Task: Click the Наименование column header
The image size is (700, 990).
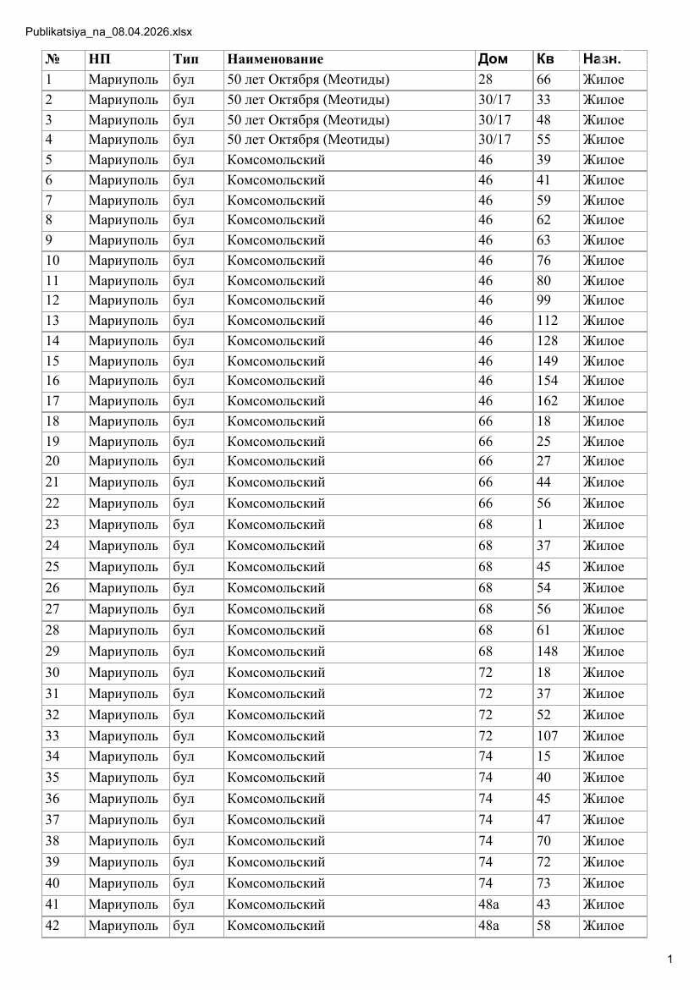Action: click(x=275, y=59)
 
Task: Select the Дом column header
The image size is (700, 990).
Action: click(x=493, y=59)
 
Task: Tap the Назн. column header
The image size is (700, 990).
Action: click(x=601, y=59)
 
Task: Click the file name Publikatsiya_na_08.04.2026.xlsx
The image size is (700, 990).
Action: click(x=109, y=32)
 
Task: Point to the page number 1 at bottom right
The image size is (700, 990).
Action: click(x=670, y=959)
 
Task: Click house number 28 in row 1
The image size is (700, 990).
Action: click(x=485, y=80)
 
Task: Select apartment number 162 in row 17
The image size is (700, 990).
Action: click(x=547, y=401)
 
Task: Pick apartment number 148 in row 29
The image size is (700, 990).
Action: click(x=547, y=652)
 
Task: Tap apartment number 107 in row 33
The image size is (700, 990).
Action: click(x=547, y=736)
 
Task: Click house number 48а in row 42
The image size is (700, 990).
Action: click(x=488, y=926)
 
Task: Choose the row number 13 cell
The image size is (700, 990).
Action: click(x=52, y=321)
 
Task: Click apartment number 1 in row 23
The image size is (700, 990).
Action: click(x=540, y=525)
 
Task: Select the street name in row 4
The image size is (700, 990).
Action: click(x=308, y=140)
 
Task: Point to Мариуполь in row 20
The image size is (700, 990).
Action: click(x=123, y=461)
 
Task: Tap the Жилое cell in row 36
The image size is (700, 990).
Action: click(x=603, y=799)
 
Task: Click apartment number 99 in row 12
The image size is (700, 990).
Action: click(x=543, y=300)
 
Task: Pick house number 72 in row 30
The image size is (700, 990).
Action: click(x=485, y=673)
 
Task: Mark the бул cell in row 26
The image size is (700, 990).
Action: click(x=183, y=588)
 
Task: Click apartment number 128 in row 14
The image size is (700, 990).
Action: click(x=547, y=341)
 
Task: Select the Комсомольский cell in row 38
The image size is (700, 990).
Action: click(x=276, y=841)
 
